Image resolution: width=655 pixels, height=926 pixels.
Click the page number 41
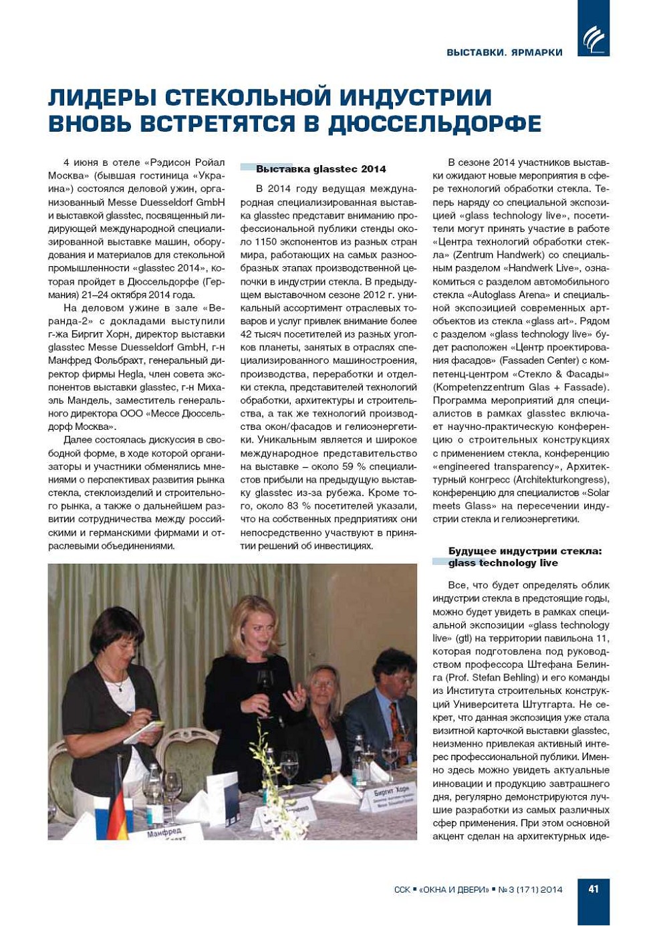coord(593,889)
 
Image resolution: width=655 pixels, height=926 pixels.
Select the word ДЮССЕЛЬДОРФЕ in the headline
coord(434,124)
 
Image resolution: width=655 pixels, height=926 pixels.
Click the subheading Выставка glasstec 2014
coord(321,169)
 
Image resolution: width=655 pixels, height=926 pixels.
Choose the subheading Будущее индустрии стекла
coord(525,551)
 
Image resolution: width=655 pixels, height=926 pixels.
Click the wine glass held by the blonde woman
coord(265,682)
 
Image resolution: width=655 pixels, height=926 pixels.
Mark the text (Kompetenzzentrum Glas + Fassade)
coord(521,387)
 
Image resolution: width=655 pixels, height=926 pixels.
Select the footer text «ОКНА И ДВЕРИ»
coord(454,889)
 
